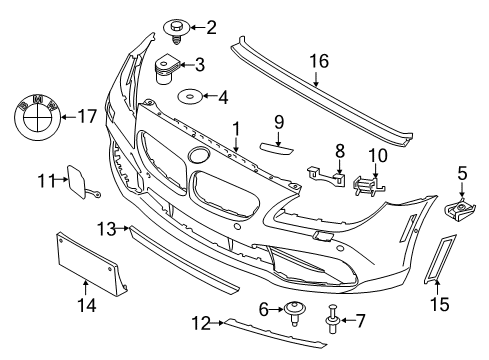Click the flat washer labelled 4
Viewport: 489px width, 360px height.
pyautogui.click(x=186, y=98)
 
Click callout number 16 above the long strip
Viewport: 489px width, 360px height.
pyautogui.click(x=319, y=60)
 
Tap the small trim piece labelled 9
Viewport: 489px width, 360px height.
pyautogui.click(x=279, y=147)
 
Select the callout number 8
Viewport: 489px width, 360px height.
pyautogui.click(x=340, y=150)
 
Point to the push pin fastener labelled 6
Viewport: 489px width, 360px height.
pyautogui.click(x=296, y=309)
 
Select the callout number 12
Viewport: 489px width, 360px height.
pyautogui.click(x=201, y=321)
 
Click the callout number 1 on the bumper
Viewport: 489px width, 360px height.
pyautogui.click(x=235, y=128)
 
